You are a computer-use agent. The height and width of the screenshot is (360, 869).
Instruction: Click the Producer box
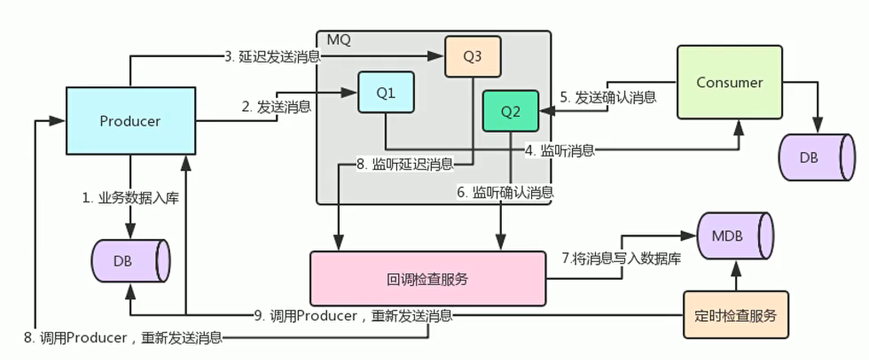point(131,120)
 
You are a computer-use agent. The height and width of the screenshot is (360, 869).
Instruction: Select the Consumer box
point(730,83)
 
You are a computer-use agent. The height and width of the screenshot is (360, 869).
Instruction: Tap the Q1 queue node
point(386,92)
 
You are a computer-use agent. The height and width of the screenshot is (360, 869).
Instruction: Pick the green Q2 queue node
point(511,111)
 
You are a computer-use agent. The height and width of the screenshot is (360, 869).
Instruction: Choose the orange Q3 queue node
point(472,56)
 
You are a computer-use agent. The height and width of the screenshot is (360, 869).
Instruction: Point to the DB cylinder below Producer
point(131,260)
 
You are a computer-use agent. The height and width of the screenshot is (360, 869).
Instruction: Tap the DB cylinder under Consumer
point(817,158)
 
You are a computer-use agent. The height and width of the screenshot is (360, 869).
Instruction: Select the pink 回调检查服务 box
point(428,279)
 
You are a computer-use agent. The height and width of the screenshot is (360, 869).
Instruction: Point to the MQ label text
point(339,40)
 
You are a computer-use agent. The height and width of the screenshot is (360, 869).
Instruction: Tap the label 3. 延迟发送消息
point(272,57)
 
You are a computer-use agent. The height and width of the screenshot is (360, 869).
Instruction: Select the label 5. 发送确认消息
point(608,97)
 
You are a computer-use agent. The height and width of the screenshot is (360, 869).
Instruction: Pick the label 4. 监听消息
point(559,150)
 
